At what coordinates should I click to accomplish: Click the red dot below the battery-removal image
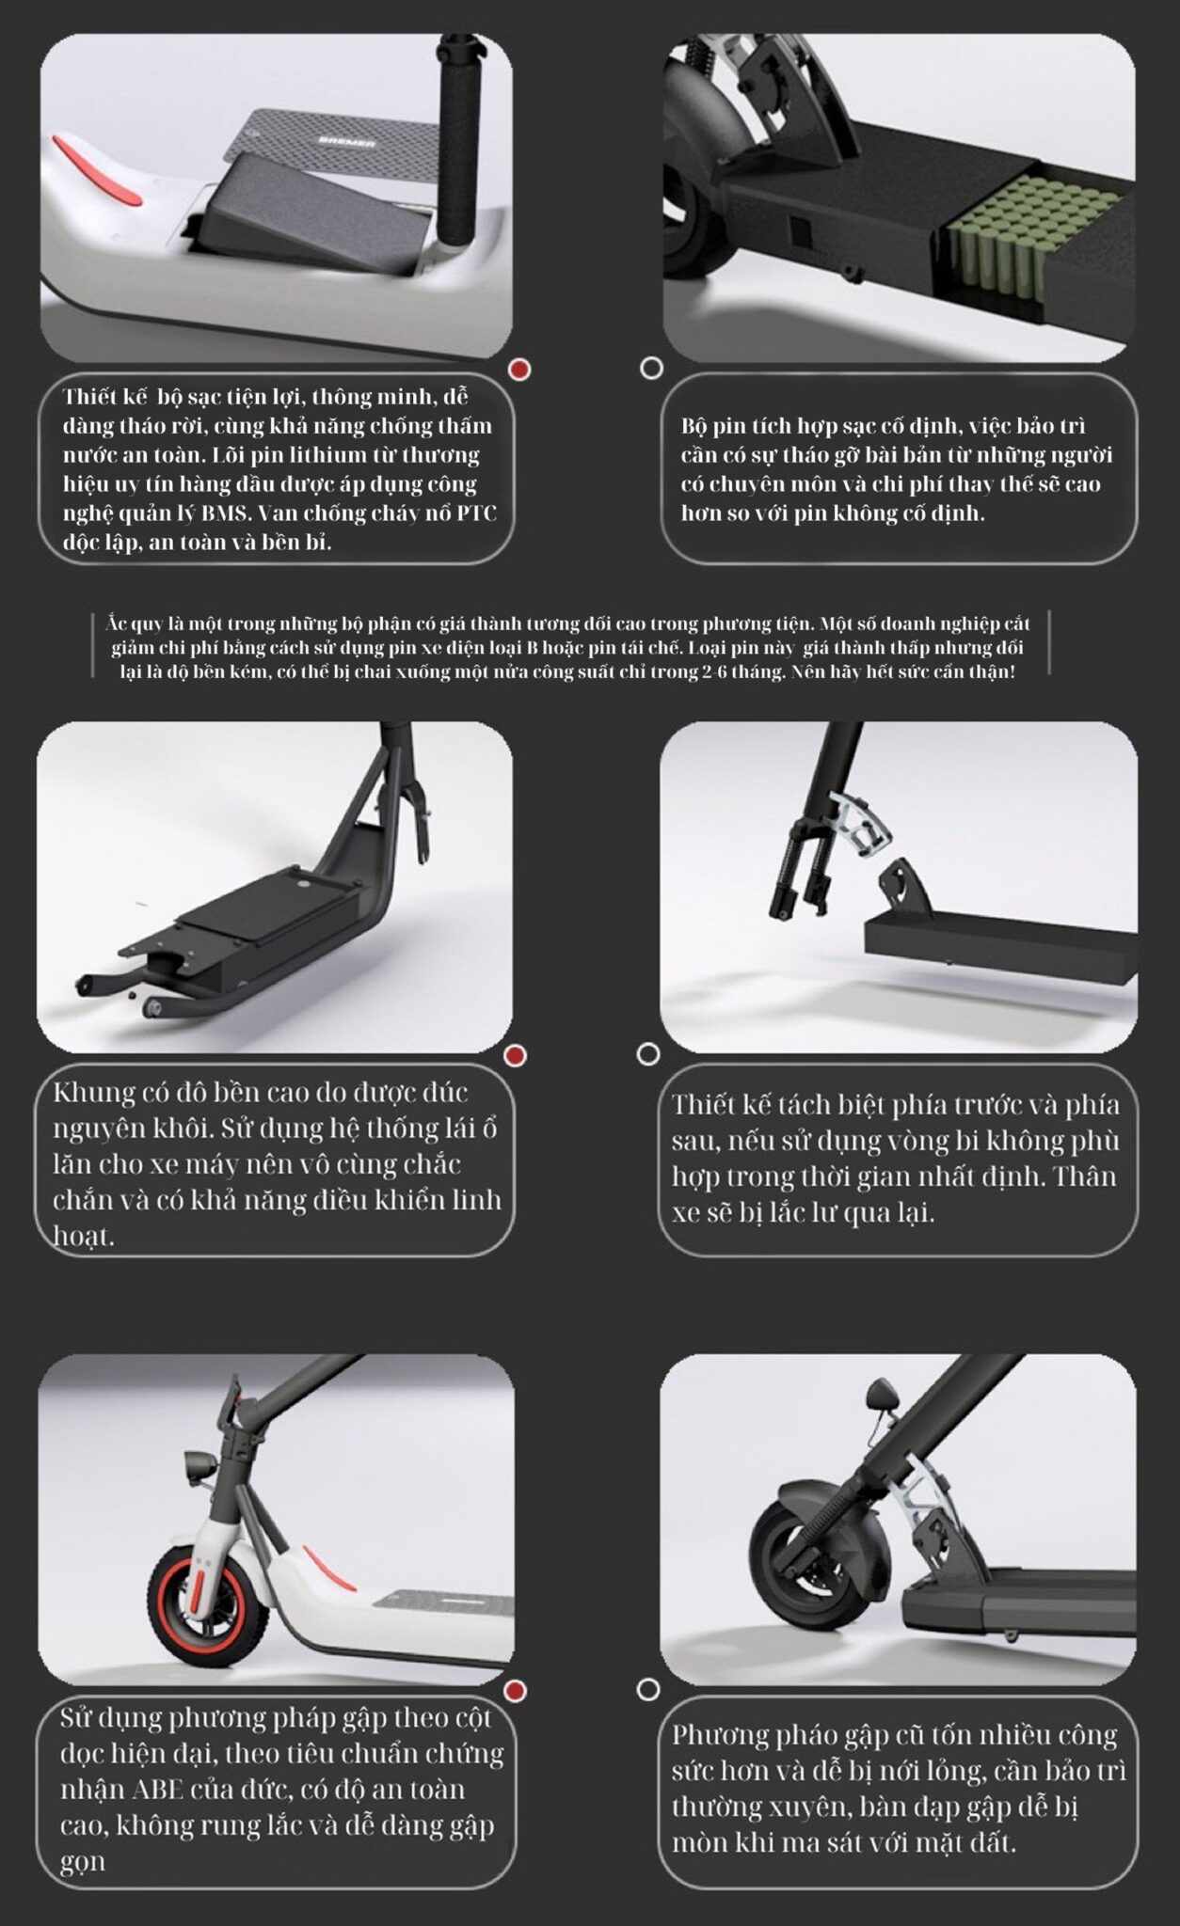pyautogui.click(x=518, y=370)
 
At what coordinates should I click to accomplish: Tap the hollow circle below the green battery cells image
pyautogui.click(x=651, y=368)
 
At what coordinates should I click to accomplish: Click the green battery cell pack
pyautogui.click(x=1032, y=242)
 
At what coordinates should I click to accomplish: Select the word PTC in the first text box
pyautogui.click(x=477, y=513)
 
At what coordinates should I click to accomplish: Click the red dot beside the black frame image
pyautogui.click(x=515, y=1056)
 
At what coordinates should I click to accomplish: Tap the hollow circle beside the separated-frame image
pyautogui.click(x=648, y=1054)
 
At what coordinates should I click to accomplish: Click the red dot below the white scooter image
pyautogui.click(x=515, y=1692)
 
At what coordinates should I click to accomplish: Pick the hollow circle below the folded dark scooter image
pyautogui.click(x=648, y=1690)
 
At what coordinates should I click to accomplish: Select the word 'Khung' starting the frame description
pyautogui.click(x=94, y=1094)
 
